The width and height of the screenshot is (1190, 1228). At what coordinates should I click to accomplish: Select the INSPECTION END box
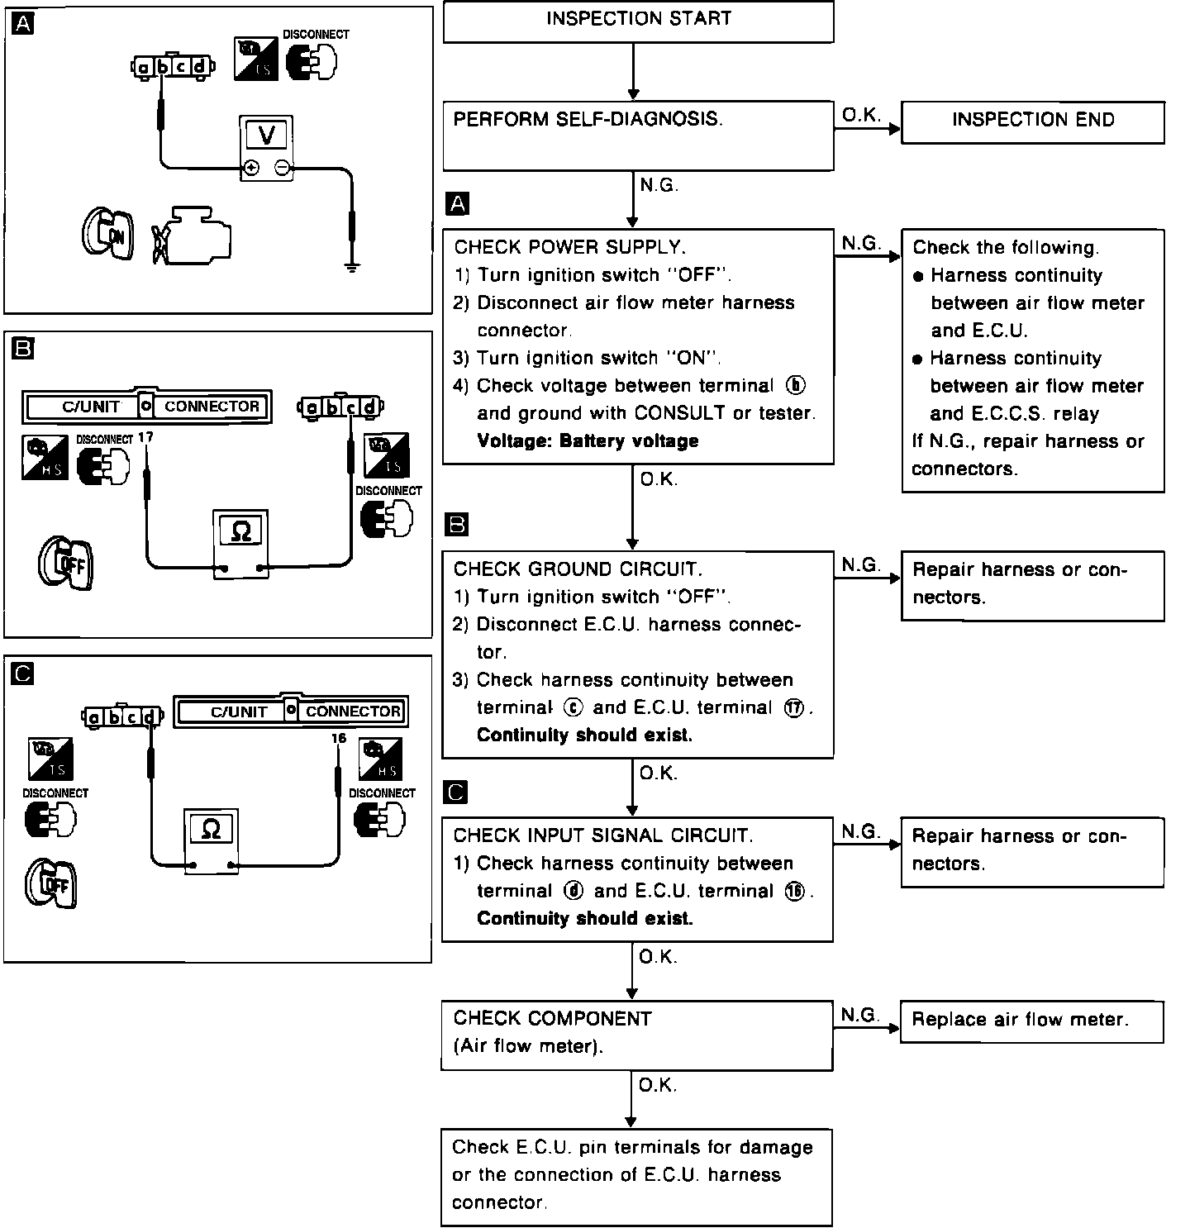[1032, 121]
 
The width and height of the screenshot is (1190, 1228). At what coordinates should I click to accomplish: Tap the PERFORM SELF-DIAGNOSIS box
[638, 136]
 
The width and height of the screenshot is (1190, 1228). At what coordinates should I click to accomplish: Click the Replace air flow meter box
[1032, 1021]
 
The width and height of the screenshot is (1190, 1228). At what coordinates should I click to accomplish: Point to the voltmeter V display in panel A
[267, 135]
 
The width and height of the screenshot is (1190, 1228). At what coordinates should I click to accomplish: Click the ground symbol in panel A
[352, 267]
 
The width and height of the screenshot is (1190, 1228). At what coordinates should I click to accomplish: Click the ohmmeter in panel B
[240, 543]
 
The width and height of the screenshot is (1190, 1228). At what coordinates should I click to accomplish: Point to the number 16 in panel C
[337, 739]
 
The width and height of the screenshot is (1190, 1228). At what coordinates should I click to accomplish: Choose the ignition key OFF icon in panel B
[67, 564]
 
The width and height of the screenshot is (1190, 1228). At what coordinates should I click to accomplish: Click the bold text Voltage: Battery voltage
[588, 440]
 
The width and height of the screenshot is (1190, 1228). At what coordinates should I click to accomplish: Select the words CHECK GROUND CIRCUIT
[578, 569]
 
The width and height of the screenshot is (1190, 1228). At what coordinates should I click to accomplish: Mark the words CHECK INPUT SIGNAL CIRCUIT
[603, 835]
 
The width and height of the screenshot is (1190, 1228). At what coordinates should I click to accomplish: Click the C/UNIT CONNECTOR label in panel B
[147, 406]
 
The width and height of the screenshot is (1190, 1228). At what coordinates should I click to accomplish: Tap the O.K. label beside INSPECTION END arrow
[861, 116]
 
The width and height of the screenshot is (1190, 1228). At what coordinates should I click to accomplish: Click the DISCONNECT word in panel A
[316, 35]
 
